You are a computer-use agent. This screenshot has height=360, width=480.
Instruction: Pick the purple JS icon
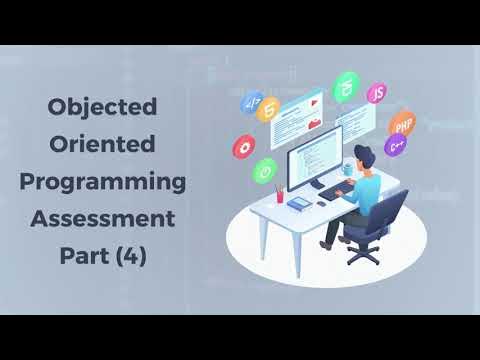tap(377, 93)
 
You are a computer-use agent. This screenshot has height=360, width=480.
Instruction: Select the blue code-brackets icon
tap(251, 102)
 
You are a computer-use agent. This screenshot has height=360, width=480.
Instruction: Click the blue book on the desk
tap(299, 203)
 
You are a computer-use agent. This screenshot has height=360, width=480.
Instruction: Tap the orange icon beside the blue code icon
tap(268, 109)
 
